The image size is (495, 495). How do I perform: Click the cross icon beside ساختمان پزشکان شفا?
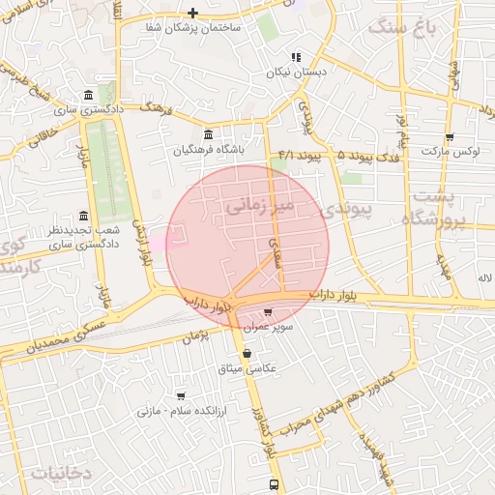193,13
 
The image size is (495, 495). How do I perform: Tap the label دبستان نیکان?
298,73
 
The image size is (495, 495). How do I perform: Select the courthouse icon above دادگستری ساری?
89,95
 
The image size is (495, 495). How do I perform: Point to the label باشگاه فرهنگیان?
209,151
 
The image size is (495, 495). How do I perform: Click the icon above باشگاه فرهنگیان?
209,134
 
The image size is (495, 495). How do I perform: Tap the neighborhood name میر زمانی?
258,206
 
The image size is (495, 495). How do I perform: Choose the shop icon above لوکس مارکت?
449,136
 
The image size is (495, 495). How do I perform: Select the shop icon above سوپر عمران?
268,311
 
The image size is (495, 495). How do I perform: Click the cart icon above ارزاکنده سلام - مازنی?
181,395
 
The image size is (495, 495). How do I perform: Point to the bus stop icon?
274,483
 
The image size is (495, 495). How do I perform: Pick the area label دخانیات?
60,473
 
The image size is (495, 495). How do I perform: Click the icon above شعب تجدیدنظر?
83,215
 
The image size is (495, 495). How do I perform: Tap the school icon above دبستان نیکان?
297,57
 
